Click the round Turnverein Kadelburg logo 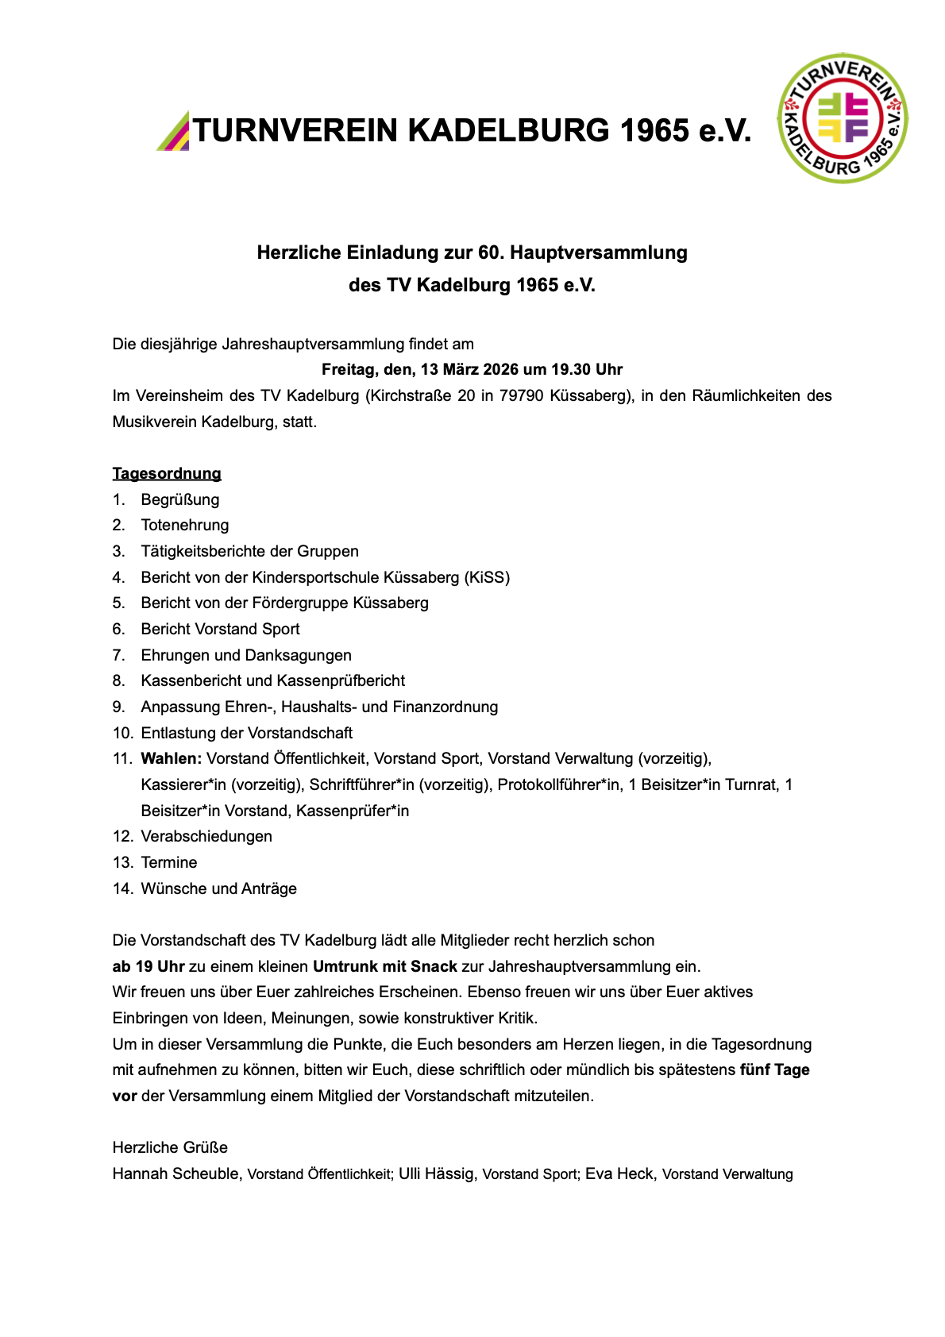point(843,118)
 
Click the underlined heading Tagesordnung point(167,473)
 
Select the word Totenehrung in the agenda point(185,525)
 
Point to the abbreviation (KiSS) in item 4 point(486,577)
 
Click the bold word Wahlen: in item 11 point(172,758)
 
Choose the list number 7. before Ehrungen point(119,655)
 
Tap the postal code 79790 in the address point(521,395)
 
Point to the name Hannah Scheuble point(175,1173)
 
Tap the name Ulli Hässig point(436,1173)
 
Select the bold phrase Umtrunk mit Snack point(385,966)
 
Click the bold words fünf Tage point(774,1069)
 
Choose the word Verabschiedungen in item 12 point(206,836)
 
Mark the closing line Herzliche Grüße point(170,1147)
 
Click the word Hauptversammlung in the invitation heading point(599,252)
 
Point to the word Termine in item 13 point(169,862)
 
